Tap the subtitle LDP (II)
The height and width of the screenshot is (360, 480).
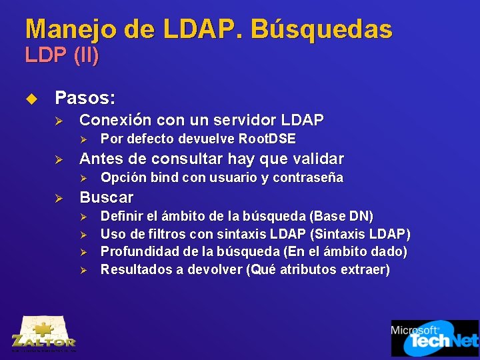[x=62, y=55]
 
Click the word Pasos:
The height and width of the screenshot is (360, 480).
[x=85, y=99]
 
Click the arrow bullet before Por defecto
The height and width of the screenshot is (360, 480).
[x=83, y=139]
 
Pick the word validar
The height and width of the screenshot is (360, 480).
[x=316, y=159]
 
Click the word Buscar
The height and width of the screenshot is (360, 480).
[x=106, y=197]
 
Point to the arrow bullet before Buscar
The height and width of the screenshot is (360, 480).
[x=59, y=198]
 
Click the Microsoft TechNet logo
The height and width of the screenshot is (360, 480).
[x=434, y=338]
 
